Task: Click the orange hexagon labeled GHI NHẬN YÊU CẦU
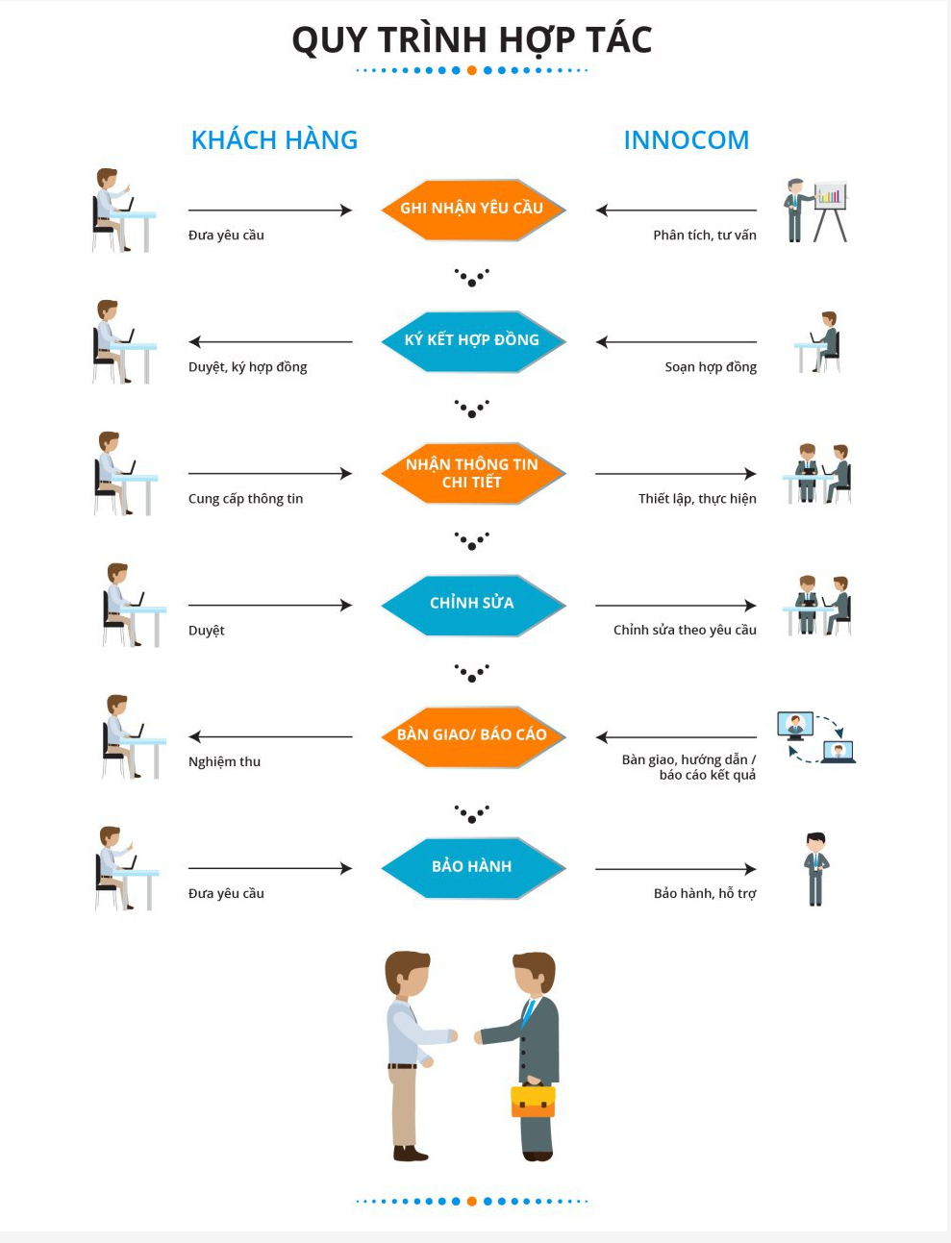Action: click(x=473, y=211)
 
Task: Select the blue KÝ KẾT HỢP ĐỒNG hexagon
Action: click(x=473, y=341)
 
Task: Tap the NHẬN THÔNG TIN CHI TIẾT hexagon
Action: click(x=473, y=473)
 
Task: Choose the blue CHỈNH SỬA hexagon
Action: click(x=473, y=606)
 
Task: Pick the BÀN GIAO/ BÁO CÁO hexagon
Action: click(x=473, y=736)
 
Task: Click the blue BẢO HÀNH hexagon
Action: click(x=473, y=868)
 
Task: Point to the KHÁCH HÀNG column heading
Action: click(x=275, y=139)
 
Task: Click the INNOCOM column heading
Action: click(x=687, y=140)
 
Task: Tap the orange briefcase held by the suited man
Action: click(x=533, y=1100)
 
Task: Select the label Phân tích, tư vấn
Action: click(x=705, y=235)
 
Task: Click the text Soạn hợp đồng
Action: click(x=711, y=367)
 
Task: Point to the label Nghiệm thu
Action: click(x=224, y=762)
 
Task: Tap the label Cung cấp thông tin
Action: click(x=246, y=499)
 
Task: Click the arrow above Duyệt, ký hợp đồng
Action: click(x=271, y=341)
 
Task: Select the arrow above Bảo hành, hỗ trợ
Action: click(x=676, y=869)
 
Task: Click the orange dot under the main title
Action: click(x=472, y=70)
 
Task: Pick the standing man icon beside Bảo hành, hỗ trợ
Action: click(x=815, y=869)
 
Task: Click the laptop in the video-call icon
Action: click(x=838, y=753)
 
